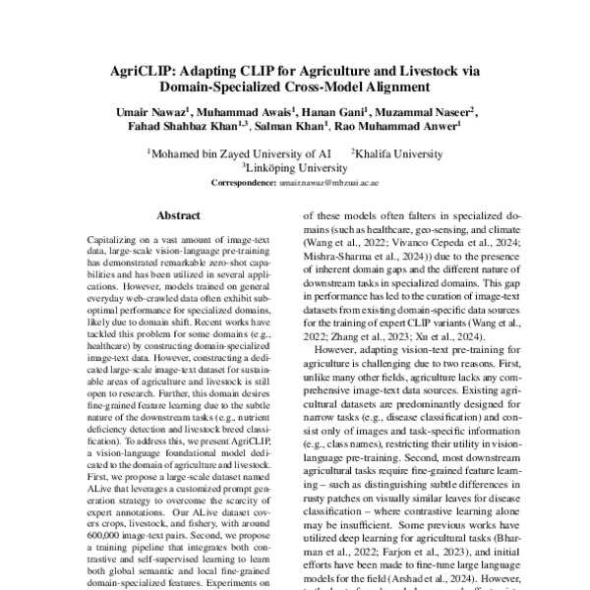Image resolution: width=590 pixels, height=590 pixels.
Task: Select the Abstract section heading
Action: coord(178,214)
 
